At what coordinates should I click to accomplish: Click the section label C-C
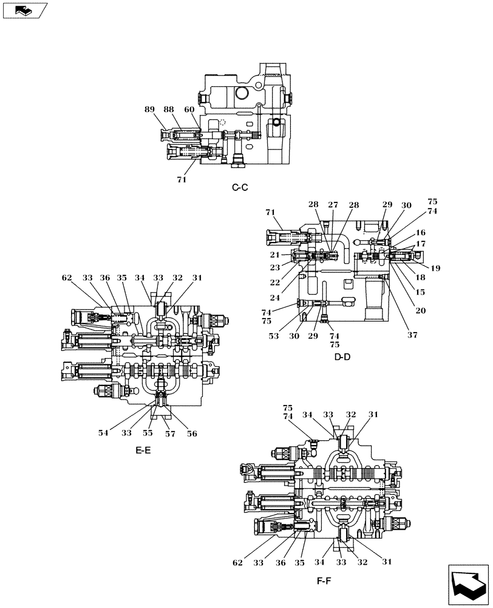[x=240, y=187]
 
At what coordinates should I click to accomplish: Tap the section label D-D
[x=342, y=357]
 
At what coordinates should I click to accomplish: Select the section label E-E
[x=144, y=451]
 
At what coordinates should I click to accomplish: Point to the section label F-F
[x=324, y=581]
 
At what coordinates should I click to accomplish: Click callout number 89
[x=149, y=109]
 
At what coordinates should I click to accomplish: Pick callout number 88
[x=169, y=109]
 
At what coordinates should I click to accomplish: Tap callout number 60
[x=189, y=109]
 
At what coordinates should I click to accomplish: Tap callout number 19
[x=436, y=268]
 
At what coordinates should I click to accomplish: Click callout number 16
[x=421, y=233]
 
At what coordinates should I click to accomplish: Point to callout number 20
[x=421, y=310]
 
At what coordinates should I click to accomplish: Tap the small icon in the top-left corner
[x=24, y=10]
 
